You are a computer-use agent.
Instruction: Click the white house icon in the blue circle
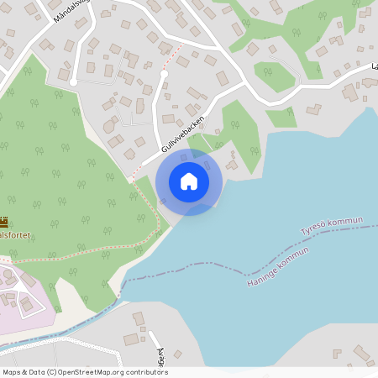tap(189, 181)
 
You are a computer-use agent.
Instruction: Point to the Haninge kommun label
tap(278, 266)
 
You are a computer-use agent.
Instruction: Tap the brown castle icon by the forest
tap(4, 223)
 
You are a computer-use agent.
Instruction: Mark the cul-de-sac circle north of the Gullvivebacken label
tap(164, 75)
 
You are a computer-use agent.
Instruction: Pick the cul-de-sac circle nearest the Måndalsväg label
tap(74, 81)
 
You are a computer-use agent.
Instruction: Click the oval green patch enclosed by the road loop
tap(275, 76)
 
